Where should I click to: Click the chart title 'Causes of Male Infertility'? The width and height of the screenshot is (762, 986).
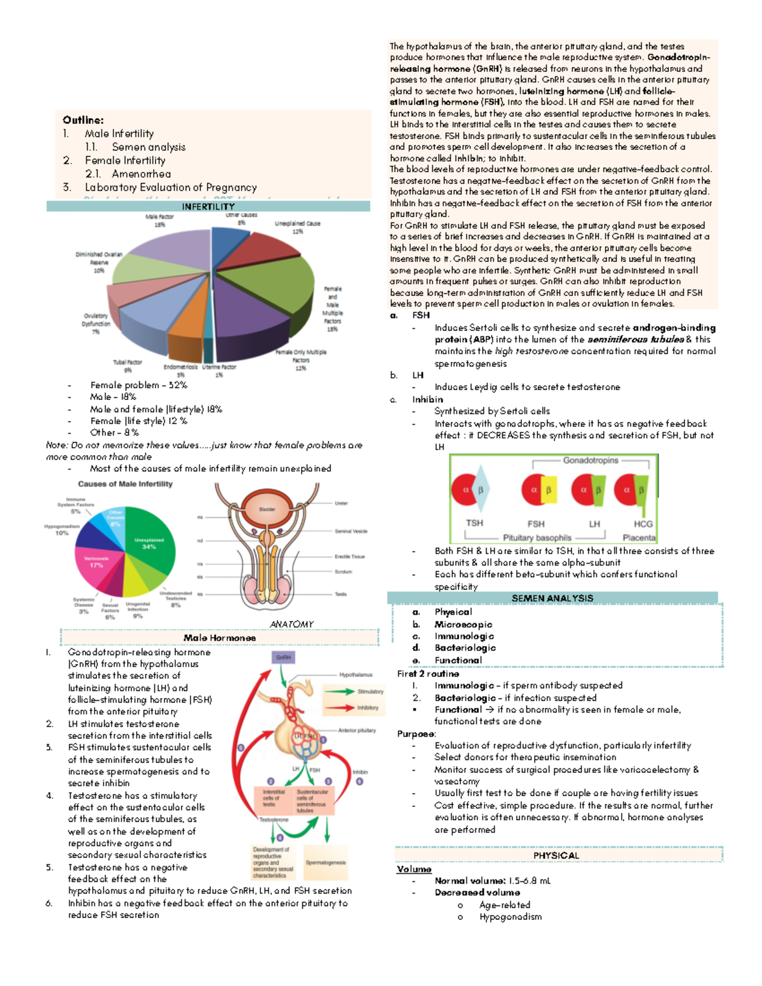click(125, 484)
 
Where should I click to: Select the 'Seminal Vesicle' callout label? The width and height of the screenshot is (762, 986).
click(351, 531)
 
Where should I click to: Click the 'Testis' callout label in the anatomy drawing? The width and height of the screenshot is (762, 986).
click(341, 594)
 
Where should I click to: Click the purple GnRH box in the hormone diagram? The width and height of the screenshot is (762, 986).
click(283, 658)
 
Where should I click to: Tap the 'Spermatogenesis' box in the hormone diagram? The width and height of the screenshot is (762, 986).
click(326, 862)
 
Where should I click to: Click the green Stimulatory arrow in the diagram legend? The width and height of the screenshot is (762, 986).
click(338, 691)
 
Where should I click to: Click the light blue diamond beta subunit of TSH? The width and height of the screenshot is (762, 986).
click(481, 490)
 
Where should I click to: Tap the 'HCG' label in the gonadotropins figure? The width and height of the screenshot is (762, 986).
click(643, 524)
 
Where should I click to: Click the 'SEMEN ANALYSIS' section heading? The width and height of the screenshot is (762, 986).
click(552, 598)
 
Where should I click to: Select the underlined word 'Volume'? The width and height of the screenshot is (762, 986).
click(414, 869)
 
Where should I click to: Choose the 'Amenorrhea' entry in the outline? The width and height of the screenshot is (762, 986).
click(141, 174)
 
